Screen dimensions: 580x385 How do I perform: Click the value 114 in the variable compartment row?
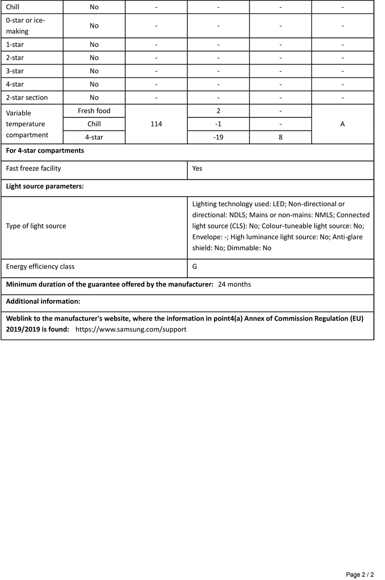157,124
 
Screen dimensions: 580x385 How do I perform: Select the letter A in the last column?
342,124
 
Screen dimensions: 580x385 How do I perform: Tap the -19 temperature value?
219,138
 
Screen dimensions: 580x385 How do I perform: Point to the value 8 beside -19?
281,138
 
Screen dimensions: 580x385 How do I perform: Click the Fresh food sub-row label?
94,111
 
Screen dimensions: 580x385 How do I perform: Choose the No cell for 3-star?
94,71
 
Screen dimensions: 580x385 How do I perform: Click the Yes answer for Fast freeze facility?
198,168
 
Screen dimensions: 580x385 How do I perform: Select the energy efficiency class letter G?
195,267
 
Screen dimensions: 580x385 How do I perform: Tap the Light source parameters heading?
45,186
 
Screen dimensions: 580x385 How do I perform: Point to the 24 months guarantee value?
235,284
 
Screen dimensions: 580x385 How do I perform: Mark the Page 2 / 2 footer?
360,574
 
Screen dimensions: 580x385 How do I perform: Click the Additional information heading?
43,301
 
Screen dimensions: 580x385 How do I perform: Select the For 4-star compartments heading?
45,151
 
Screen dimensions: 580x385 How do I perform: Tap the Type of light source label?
36,226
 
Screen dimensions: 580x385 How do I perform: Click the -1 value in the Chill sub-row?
219,124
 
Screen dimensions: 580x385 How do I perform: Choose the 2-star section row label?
27,98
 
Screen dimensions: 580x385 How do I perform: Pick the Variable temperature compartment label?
27,124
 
